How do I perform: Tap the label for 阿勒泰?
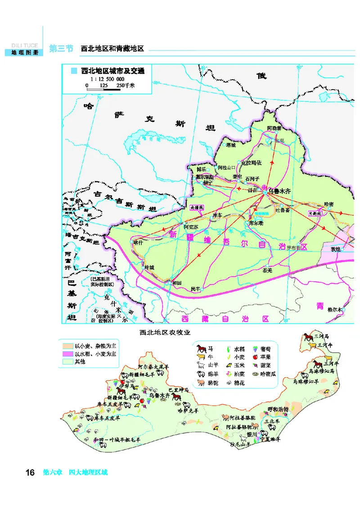[x=274, y=128]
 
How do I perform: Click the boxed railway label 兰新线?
[x=315, y=213]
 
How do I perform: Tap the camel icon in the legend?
[x=200, y=383]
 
